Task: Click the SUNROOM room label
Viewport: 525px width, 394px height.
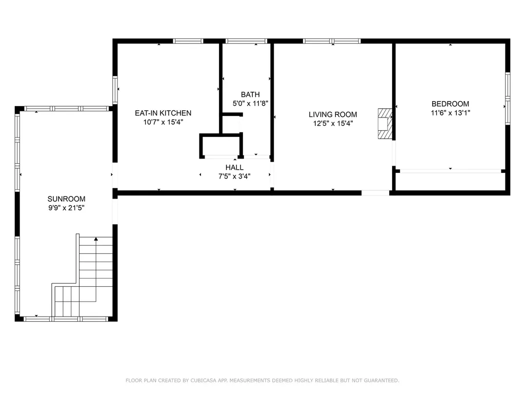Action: pos(66,199)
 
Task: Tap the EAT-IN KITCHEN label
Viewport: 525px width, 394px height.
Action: pos(163,113)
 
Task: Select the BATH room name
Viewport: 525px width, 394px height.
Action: pos(250,94)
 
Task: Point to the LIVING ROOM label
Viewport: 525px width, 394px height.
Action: pos(333,114)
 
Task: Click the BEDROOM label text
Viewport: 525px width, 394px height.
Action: pos(450,104)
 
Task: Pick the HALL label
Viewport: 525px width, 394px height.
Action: pos(234,168)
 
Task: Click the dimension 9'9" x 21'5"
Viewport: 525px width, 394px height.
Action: pos(66,208)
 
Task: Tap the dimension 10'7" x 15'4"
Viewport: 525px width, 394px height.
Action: pos(163,122)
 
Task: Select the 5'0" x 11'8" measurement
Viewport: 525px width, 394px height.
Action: pos(250,103)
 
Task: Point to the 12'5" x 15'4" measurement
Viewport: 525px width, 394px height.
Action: pos(333,123)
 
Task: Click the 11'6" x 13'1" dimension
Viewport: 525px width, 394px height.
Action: pos(450,113)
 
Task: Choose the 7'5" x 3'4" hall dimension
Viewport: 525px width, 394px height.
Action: pos(234,176)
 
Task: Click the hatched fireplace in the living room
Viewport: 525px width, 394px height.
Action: pos(385,124)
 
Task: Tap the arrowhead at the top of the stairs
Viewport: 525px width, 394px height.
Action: pos(96,239)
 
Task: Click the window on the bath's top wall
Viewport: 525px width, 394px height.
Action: pos(247,41)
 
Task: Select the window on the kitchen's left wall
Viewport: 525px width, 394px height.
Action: pos(115,90)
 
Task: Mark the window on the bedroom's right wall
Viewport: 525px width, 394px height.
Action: pos(508,98)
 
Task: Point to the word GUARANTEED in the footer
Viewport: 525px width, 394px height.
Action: pos(381,380)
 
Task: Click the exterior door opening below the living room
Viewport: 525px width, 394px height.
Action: pos(375,193)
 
